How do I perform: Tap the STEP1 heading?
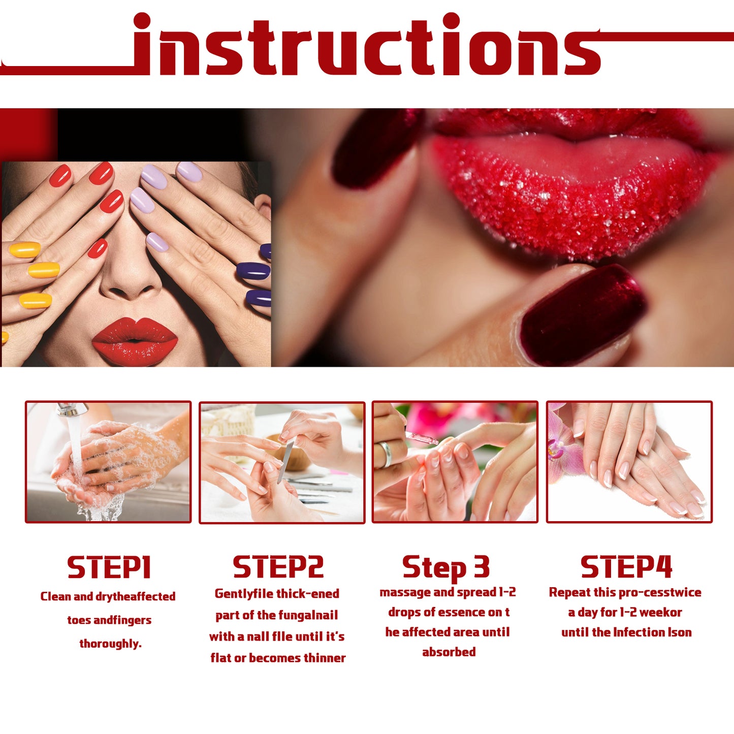[x=109, y=567]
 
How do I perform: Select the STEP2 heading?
[x=278, y=567]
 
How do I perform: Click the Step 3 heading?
[x=446, y=567]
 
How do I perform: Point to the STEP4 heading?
[x=626, y=567]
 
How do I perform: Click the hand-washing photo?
[x=108, y=462]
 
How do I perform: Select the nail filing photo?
[x=282, y=462]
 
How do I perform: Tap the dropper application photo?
[x=455, y=462]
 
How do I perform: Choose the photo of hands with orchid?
[x=629, y=462]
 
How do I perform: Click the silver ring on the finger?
[x=386, y=454]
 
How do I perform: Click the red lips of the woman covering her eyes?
[x=135, y=341]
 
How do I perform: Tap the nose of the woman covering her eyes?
[x=130, y=284]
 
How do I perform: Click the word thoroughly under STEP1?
[x=110, y=644]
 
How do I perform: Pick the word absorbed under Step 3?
[x=449, y=652]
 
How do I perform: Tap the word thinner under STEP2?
[x=325, y=658]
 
